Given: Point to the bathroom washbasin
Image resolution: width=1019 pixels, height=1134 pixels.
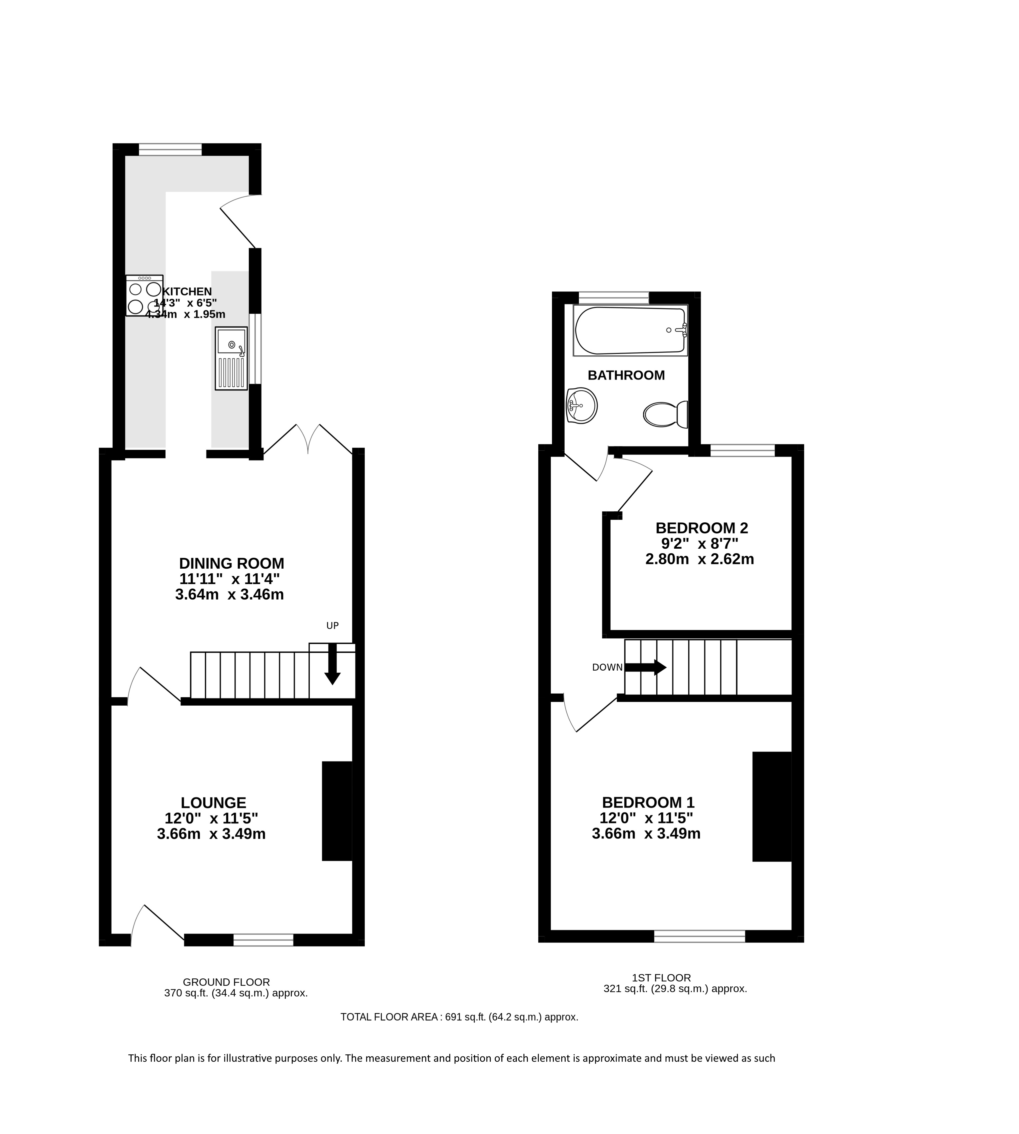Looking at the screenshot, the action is (x=582, y=406).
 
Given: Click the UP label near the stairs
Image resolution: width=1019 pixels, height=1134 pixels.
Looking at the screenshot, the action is (x=332, y=626).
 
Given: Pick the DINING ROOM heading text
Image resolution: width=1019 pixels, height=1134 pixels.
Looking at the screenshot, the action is (x=232, y=563).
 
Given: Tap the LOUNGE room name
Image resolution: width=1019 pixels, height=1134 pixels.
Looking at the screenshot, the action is (x=213, y=803).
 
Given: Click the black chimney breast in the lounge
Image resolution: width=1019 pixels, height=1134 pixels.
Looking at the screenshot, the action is (x=337, y=811).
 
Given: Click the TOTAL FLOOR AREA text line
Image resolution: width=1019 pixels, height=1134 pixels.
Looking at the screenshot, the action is (x=459, y=1017).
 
